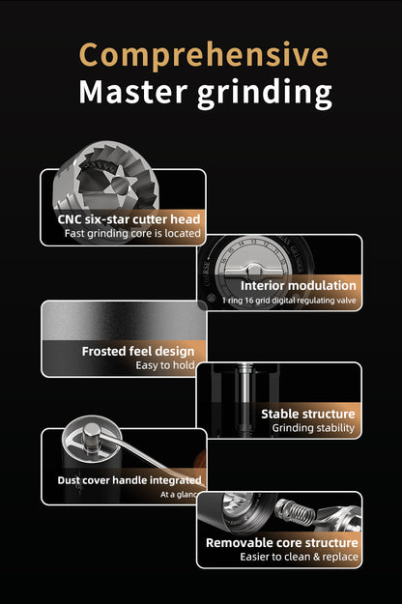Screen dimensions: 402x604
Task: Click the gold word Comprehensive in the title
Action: click(204, 56)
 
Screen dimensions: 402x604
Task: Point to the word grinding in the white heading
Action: click(265, 95)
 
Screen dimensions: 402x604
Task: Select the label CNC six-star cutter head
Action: click(129, 219)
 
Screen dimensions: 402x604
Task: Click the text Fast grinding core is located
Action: click(132, 234)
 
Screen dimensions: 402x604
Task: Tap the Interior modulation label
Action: click(298, 285)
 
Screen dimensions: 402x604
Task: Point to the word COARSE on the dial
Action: click(207, 274)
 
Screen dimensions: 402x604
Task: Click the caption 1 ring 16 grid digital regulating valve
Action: click(289, 301)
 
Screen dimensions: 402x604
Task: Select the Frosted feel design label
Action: click(138, 352)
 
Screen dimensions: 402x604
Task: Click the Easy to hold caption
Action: click(165, 365)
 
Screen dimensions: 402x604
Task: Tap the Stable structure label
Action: click(308, 414)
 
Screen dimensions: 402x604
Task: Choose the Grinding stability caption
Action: click(313, 428)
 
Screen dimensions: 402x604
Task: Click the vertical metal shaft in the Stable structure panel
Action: click(244, 399)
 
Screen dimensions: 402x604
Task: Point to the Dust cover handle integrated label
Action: click(129, 480)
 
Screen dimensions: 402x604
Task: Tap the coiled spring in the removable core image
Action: click(295, 512)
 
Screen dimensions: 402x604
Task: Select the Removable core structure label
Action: click(282, 543)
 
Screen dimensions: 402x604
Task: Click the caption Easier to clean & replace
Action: click(300, 557)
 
